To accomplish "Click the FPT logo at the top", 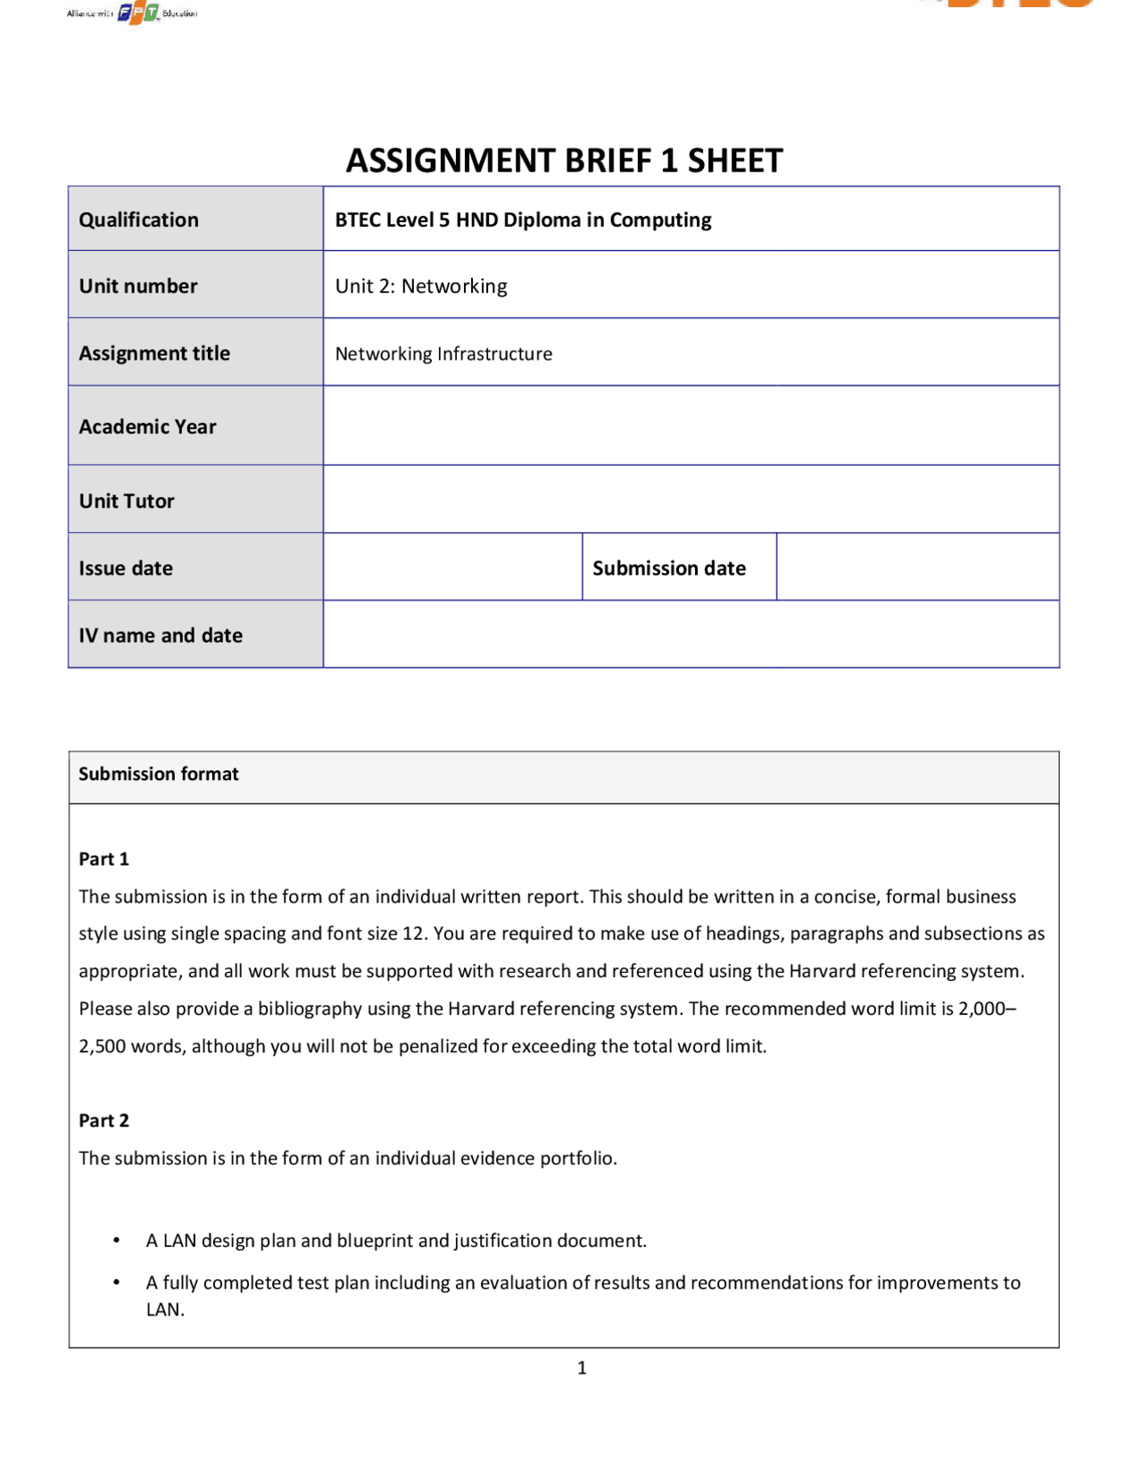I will click(138, 13).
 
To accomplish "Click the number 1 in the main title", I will click(669, 161).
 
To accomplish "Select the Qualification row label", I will click(138, 220).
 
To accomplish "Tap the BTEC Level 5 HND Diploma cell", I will click(523, 220).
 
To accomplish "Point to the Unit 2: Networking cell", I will click(421, 286).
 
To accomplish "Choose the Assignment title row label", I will click(154, 353).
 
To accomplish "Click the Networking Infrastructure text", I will click(443, 354).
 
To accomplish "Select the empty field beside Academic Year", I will click(691, 426).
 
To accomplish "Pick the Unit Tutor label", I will click(127, 501).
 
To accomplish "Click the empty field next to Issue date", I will click(452, 567).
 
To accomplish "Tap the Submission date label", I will click(669, 568).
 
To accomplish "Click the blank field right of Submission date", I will click(917, 567).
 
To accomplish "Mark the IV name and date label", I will click(161, 635).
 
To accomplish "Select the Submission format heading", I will click(159, 774).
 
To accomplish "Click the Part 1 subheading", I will click(103, 859).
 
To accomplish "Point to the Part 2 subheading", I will click(103, 1120).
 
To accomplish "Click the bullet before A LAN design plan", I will click(117, 1241).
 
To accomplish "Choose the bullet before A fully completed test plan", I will click(117, 1283).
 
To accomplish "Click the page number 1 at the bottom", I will click(582, 1367).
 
